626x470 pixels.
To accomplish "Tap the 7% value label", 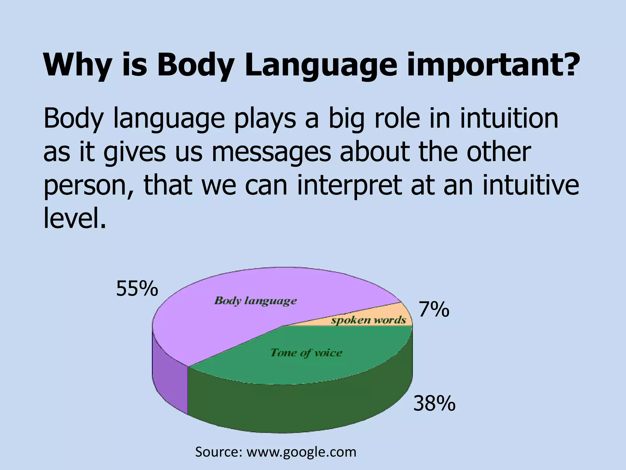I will (434, 310).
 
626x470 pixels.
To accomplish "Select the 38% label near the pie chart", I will (434, 404).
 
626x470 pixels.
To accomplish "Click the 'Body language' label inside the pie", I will (256, 301).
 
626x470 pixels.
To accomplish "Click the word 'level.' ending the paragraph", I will (75, 218).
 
